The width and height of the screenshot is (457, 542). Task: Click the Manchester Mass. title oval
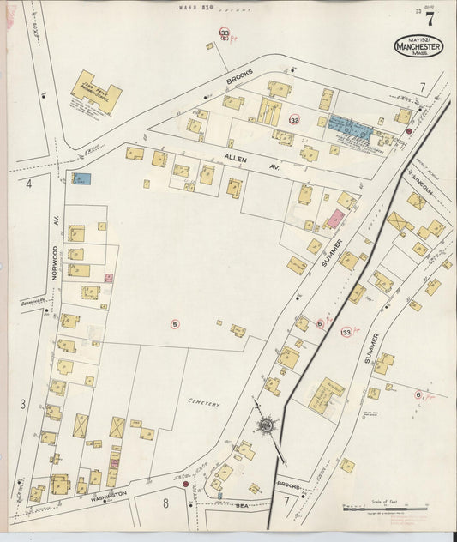[x=418, y=46]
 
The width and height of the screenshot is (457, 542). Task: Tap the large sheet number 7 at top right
[x=429, y=19]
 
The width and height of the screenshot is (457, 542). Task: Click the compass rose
[x=268, y=425]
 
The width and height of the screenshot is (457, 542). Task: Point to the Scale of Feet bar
[x=385, y=510]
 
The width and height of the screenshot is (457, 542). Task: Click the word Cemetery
[x=205, y=403]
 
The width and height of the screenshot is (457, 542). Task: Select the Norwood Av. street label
[x=53, y=260]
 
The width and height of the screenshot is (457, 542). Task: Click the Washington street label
[x=109, y=497]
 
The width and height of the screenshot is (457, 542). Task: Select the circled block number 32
[x=294, y=119]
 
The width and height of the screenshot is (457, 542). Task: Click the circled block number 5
[x=175, y=323]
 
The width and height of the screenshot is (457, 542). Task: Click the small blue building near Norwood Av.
[x=81, y=179]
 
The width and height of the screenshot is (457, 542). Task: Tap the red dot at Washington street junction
[x=185, y=485]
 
